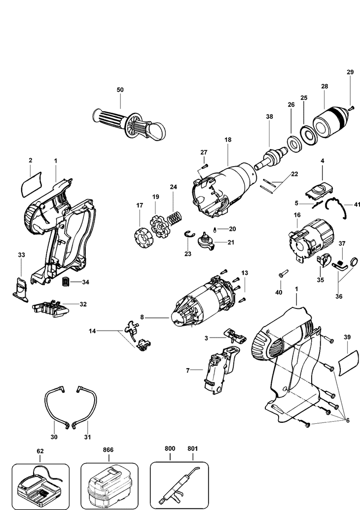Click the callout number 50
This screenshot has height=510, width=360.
[x=120, y=90]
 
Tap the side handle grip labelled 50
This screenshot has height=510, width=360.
[x=127, y=121]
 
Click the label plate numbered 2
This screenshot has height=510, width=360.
[x=31, y=186]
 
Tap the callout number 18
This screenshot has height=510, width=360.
[x=228, y=140]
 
